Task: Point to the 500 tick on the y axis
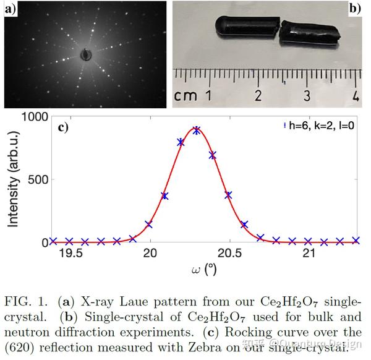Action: pos(35,179)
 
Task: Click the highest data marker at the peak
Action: pos(197,130)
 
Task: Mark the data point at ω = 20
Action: pos(148,225)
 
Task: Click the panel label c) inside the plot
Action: pos(62,128)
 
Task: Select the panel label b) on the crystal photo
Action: pos(355,9)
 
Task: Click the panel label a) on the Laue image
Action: pos(11,9)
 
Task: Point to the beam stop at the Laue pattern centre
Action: pos(86,54)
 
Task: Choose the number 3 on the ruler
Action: pos(307,95)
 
